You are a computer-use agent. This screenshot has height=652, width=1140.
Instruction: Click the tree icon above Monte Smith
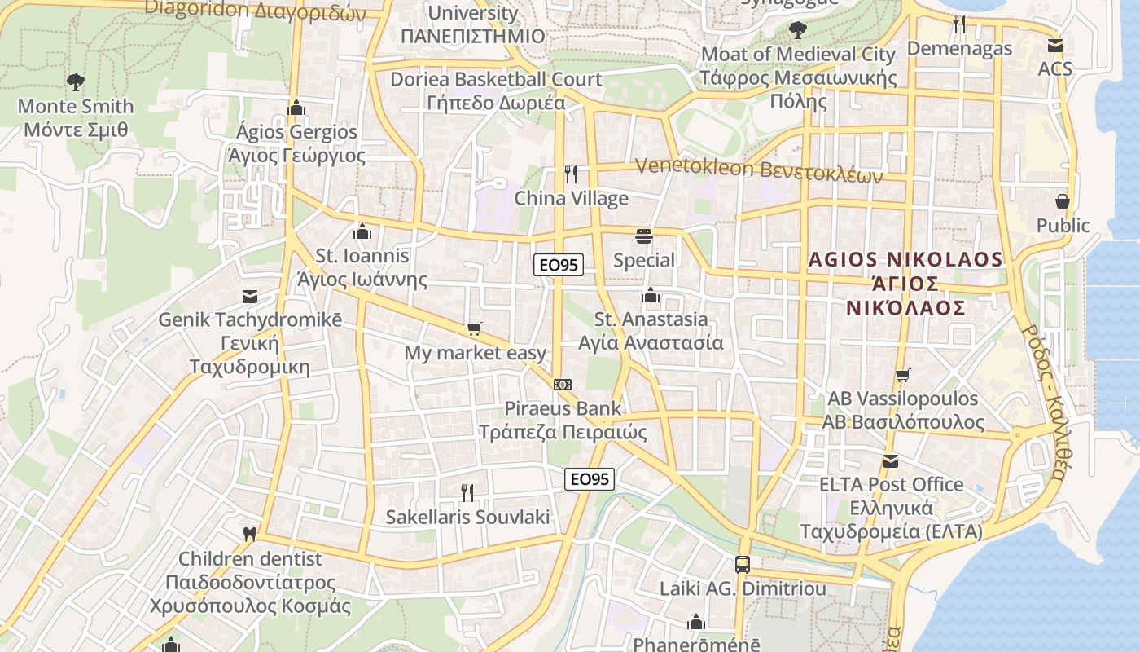point(75,81)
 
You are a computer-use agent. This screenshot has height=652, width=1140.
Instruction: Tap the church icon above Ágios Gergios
point(296,108)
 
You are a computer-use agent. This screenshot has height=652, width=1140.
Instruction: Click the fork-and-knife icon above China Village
point(571,174)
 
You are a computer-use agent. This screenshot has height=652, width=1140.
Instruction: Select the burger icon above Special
point(644,236)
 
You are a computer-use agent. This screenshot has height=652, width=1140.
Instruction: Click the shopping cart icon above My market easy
point(474,329)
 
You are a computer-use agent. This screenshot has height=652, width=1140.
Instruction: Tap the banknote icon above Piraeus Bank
point(562,384)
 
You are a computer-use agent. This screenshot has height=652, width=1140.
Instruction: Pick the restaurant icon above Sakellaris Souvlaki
point(467,492)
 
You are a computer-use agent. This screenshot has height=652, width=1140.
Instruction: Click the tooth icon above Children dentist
point(250,535)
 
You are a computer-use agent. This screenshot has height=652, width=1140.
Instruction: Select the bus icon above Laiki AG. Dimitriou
point(742,564)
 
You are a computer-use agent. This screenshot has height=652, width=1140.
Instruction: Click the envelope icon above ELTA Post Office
point(890,461)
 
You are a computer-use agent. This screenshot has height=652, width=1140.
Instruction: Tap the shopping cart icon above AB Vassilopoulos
point(902,375)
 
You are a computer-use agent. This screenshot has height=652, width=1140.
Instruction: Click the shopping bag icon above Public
point(1062,200)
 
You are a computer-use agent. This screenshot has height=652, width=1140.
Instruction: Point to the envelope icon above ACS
point(1055,45)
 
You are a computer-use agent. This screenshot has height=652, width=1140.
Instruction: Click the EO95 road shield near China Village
point(559,265)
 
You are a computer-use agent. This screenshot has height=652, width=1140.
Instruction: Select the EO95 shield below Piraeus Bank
point(589,479)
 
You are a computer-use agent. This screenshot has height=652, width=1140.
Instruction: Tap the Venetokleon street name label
point(758,169)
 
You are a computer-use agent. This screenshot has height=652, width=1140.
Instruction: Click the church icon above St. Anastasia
point(650,295)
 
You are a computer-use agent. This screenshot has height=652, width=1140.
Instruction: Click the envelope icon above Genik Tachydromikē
point(249,297)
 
